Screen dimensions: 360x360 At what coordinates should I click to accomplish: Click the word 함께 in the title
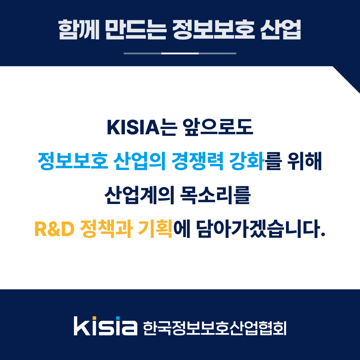click(79, 30)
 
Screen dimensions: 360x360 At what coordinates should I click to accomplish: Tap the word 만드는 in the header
click(136, 30)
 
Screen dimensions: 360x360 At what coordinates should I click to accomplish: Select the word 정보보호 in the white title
click(213, 30)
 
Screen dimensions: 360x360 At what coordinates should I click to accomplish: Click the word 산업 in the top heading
click(281, 30)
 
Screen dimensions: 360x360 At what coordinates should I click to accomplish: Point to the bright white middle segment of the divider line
click(180, 53)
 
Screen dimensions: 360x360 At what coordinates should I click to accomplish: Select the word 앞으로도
click(218, 127)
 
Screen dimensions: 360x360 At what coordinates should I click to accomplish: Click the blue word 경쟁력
click(197, 161)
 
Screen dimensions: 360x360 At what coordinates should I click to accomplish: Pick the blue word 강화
click(247, 161)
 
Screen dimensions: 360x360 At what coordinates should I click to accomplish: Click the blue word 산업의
click(140, 161)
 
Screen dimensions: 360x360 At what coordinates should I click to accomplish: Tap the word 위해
click(304, 161)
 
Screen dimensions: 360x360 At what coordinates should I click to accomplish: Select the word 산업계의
click(139, 195)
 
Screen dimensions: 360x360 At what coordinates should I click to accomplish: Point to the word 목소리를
click(215, 195)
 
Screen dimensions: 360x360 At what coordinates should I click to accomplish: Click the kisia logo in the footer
click(106, 326)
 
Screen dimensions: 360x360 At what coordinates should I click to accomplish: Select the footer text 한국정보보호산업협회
click(215, 328)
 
